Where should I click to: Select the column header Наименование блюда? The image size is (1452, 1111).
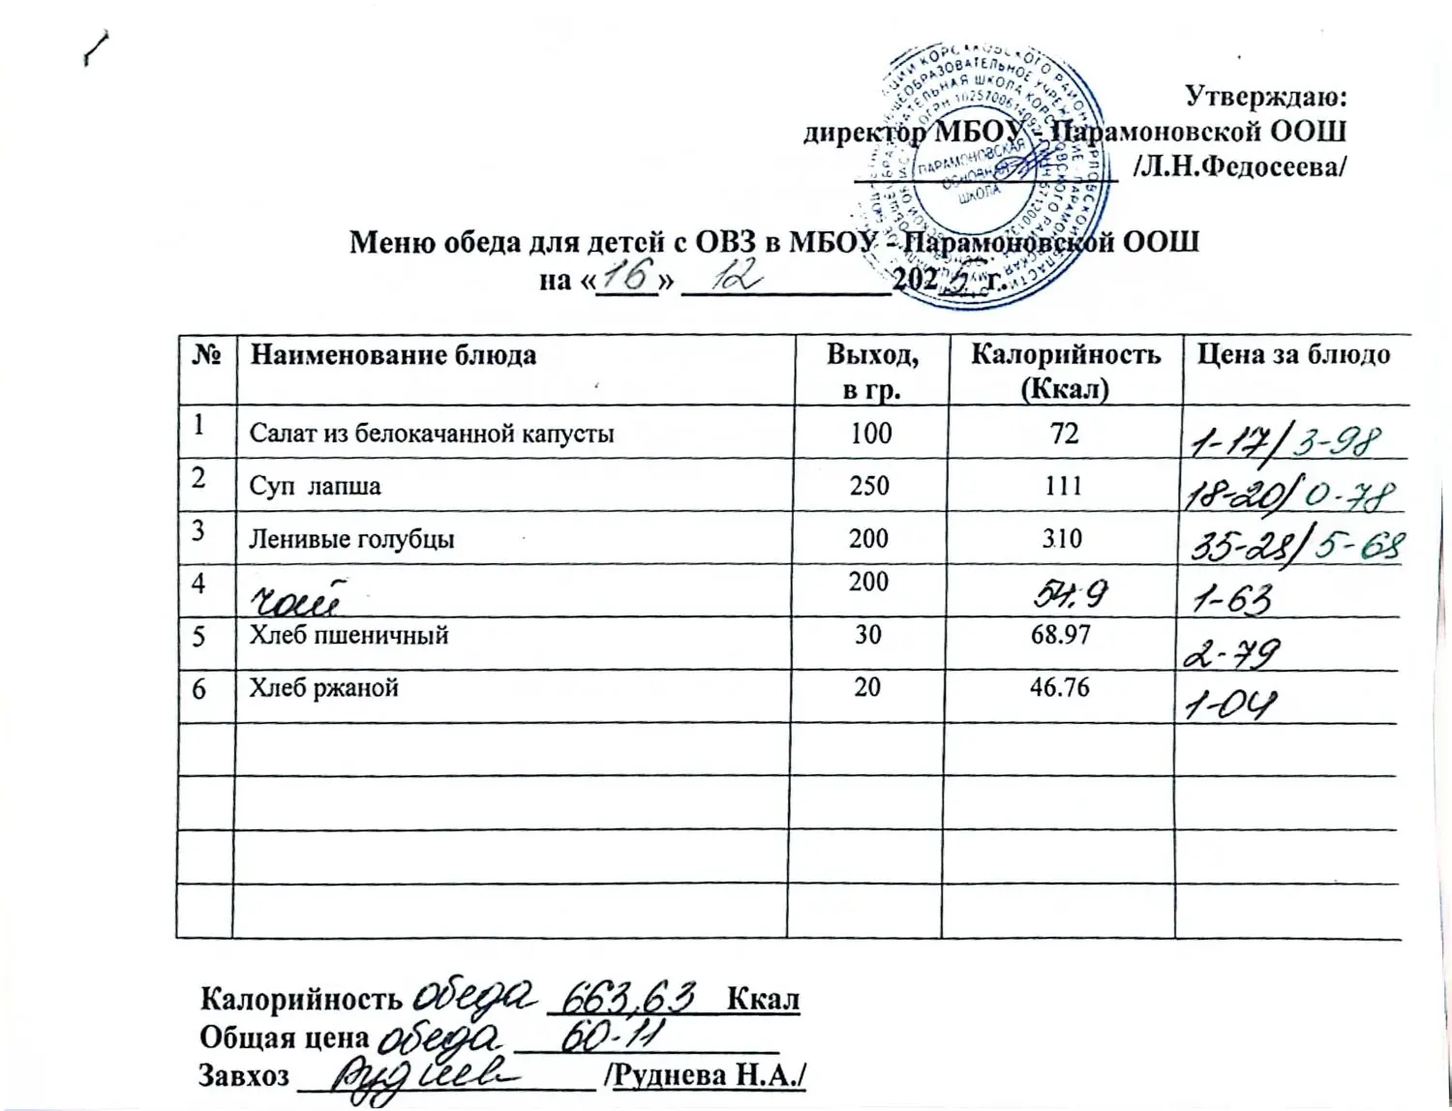coord(393,355)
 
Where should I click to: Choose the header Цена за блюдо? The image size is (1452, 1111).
coord(1293,354)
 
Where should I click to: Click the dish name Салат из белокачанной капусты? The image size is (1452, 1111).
coord(432,434)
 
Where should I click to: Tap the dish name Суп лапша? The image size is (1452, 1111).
coord(315,486)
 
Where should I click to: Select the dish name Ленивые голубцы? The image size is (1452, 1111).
coord(351,539)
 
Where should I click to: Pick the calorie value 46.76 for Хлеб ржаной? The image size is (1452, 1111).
coord(1060,688)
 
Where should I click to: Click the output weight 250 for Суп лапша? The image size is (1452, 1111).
coord(869,485)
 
